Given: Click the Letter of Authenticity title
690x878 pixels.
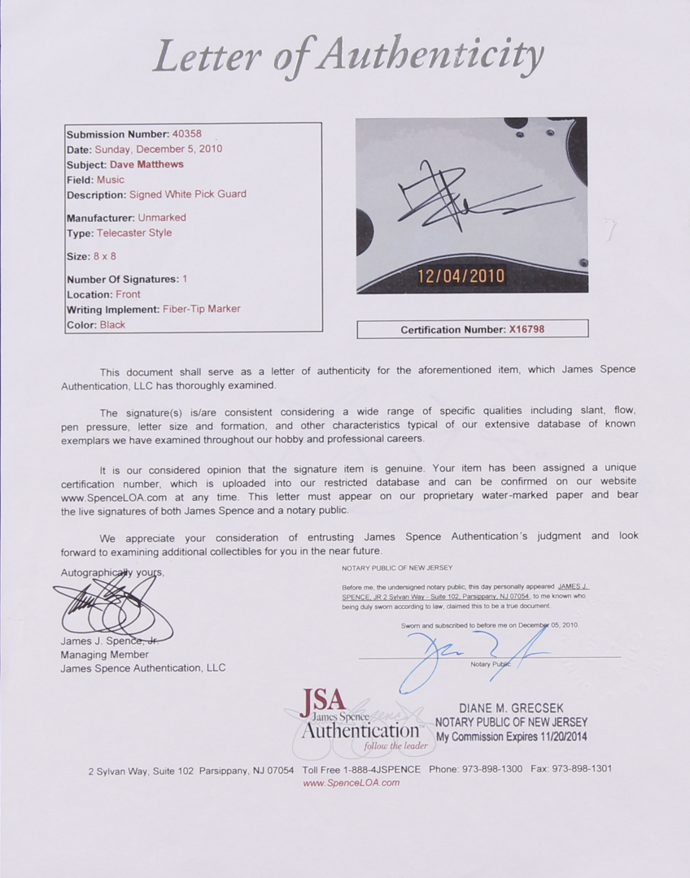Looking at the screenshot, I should pyautogui.click(x=348, y=57).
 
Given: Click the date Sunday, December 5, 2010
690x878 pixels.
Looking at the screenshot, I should pyautogui.click(x=158, y=150).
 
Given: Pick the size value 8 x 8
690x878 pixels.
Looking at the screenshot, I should pyautogui.click(x=103, y=256).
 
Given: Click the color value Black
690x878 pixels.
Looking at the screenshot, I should pyautogui.click(x=112, y=324).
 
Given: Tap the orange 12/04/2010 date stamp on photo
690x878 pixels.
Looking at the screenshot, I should pyautogui.click(x=461, y=276).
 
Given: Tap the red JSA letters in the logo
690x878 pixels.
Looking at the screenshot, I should pyautogui.click(x=323, y=699).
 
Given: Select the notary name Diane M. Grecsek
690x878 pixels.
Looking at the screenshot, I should pyautogui.click(x=511, y=709).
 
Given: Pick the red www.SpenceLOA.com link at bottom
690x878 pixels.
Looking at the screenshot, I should pyautogui.click(x=351, y=783).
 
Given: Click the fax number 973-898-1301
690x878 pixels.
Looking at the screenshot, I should pyautogui.click(x=581, y=768).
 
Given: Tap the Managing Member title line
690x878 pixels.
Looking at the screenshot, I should pyautogui.click(x=105, y=654).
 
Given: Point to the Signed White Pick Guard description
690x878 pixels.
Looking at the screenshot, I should pyautogui.click(x=187, y=194).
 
